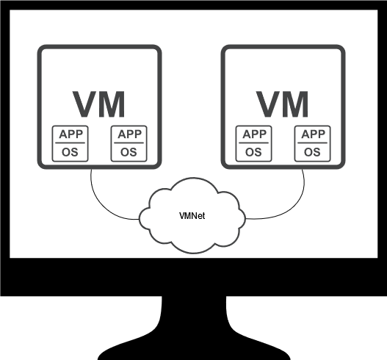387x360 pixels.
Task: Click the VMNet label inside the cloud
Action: click(x=192, y=216)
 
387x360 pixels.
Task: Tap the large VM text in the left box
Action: click(x=98, y=104)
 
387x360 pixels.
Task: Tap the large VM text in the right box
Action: click(x=282, y=104)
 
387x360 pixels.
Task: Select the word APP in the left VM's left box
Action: click(x=70, y=134)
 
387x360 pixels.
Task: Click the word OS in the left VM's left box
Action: click(x=70, y=152)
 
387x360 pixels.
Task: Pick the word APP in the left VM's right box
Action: click(x=129, y=134)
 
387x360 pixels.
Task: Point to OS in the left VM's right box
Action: click(x=129, y=152)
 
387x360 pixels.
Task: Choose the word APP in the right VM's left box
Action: click(x=255, y=134)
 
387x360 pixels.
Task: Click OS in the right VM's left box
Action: click(x=253, y=152)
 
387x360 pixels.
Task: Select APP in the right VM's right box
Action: click(x=314, y=134)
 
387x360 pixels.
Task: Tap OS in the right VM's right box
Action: click(x=312, y=152)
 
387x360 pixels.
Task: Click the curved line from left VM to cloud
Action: click(x=104, y=207)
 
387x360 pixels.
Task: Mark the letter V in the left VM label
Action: click(x=85, y=104)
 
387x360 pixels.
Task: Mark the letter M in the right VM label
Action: click(x=296, y=104)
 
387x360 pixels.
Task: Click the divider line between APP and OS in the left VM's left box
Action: click(x=70, y=143)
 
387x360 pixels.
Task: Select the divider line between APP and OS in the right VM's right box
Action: click(x=312, y=143)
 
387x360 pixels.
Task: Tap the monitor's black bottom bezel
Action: click(x=194, y=277)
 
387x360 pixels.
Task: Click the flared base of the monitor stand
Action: click(x=194, y=348)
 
